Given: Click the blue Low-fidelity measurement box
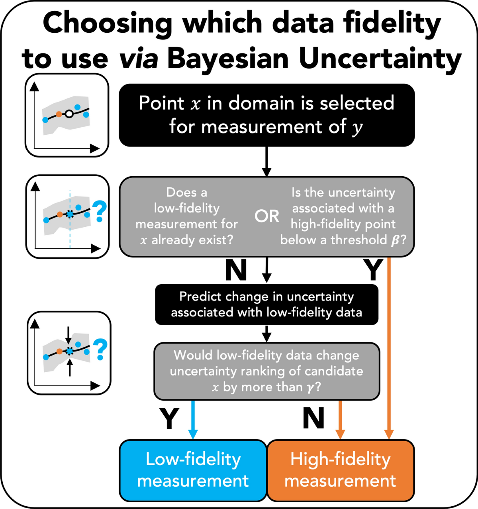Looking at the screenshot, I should pos(193,470).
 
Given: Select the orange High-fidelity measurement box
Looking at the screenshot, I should pos(341,470).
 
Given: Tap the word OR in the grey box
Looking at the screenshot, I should pos(267,216).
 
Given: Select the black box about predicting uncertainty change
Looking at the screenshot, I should pos(266,304).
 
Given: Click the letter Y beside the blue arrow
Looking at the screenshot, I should pos(169,419).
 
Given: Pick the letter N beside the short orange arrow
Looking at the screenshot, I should pos(313,419).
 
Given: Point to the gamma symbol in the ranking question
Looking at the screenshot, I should pos(310,387).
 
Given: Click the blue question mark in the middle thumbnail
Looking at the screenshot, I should pos(100,212).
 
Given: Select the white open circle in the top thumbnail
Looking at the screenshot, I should pos(69,114).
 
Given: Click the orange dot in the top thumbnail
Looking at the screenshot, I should pos(59,114).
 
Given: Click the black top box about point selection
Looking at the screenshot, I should pos(266,115).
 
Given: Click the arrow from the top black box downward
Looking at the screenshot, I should pos(267,161).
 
